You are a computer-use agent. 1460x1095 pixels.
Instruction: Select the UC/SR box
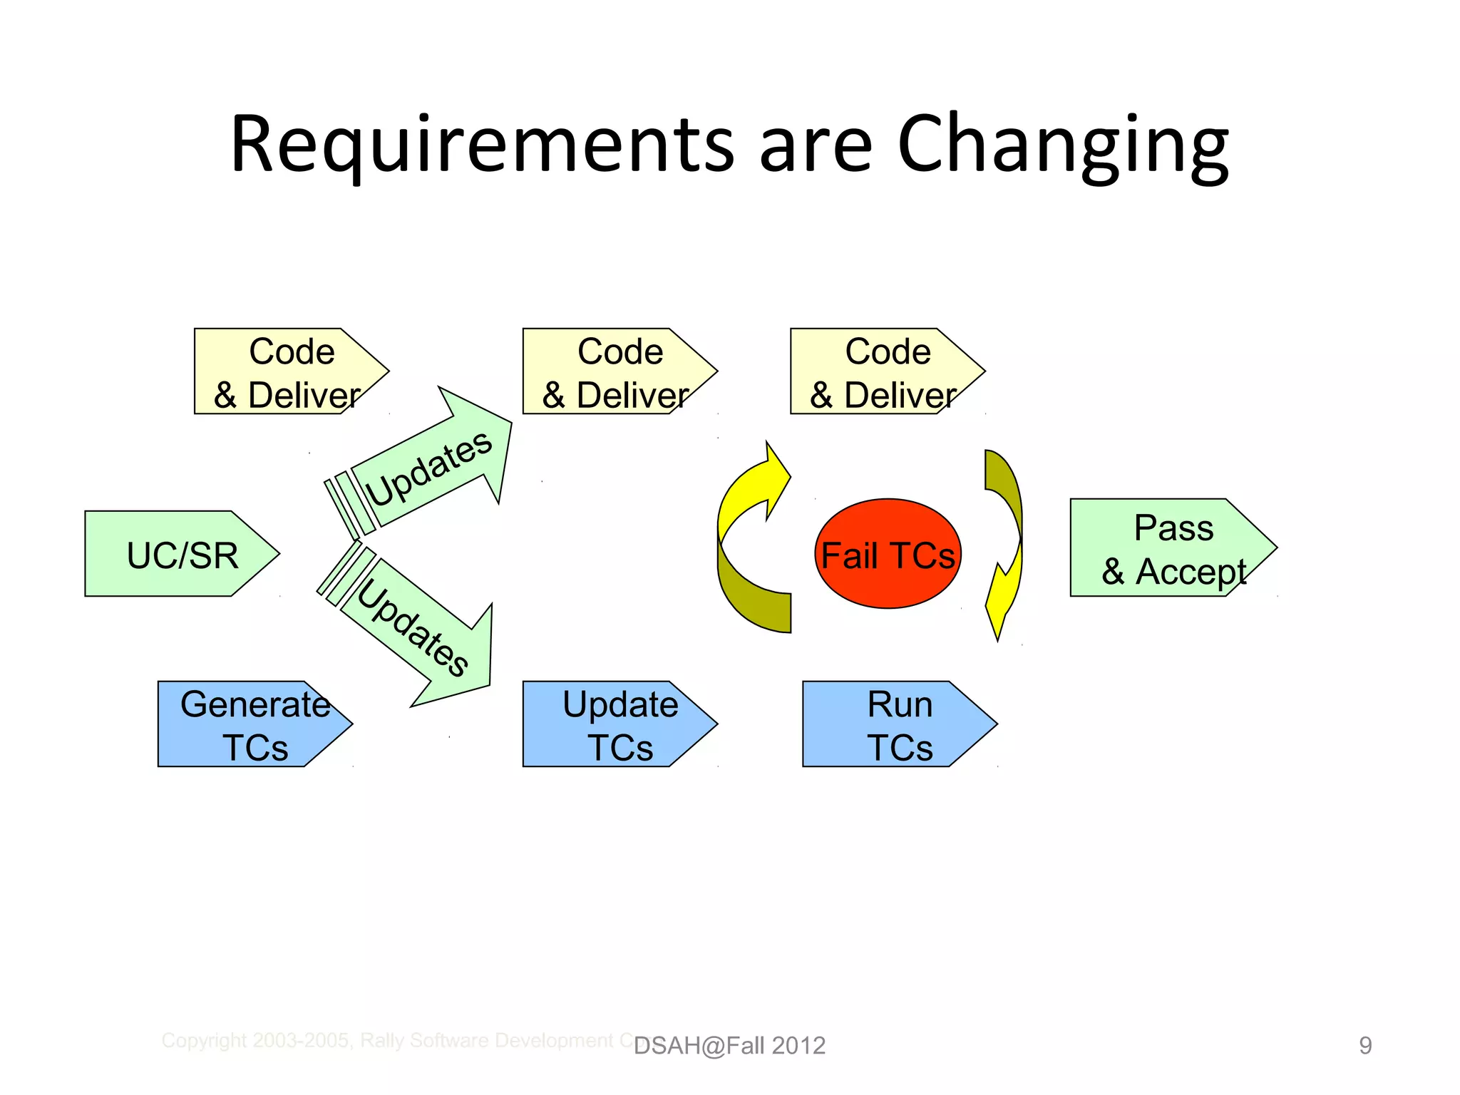pos(182,554)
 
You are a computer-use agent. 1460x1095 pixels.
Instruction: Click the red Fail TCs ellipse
pos(888,554)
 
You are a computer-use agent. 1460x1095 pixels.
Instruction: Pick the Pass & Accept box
pos(1173,547)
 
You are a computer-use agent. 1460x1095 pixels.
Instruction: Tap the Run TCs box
pos(898,724)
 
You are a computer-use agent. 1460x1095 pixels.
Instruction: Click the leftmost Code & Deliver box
pos(289,371)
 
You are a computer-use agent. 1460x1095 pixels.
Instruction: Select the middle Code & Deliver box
pos(617,371)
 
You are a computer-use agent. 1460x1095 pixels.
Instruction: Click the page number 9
pos(1364,1046)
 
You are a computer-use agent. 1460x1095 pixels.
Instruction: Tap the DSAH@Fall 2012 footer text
pos(729,1046)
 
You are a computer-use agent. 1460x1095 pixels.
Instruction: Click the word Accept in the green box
pos(1191,572)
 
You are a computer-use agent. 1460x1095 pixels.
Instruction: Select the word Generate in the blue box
pos(255,704)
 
